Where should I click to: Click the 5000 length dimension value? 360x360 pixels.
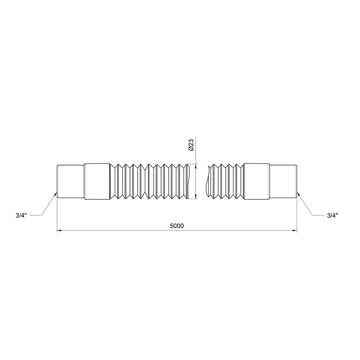pyautogui.click(x=177, y=226)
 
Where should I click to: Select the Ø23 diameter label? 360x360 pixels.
pyautogui.click(x=191, y=145)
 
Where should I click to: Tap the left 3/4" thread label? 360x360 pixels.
pyautogui.click(x=21, y=216)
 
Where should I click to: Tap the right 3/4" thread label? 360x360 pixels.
pyautogui.click(x=333, y=216)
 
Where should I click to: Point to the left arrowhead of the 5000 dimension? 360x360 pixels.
pyautogui.click(x=59, y=230)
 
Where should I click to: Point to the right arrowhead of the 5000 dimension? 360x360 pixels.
pyautogui.click(x=294, y=230)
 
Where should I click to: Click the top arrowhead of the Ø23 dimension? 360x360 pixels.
pyautogui.click(x=196, y=166)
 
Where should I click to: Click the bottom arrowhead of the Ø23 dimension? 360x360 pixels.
pyautogui.click(x=196, y=196)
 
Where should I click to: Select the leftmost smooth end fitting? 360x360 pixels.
pyautogui.click(x=71, y=181)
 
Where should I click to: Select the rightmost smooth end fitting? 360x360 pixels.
pyautogui.click(x=283, y=181)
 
